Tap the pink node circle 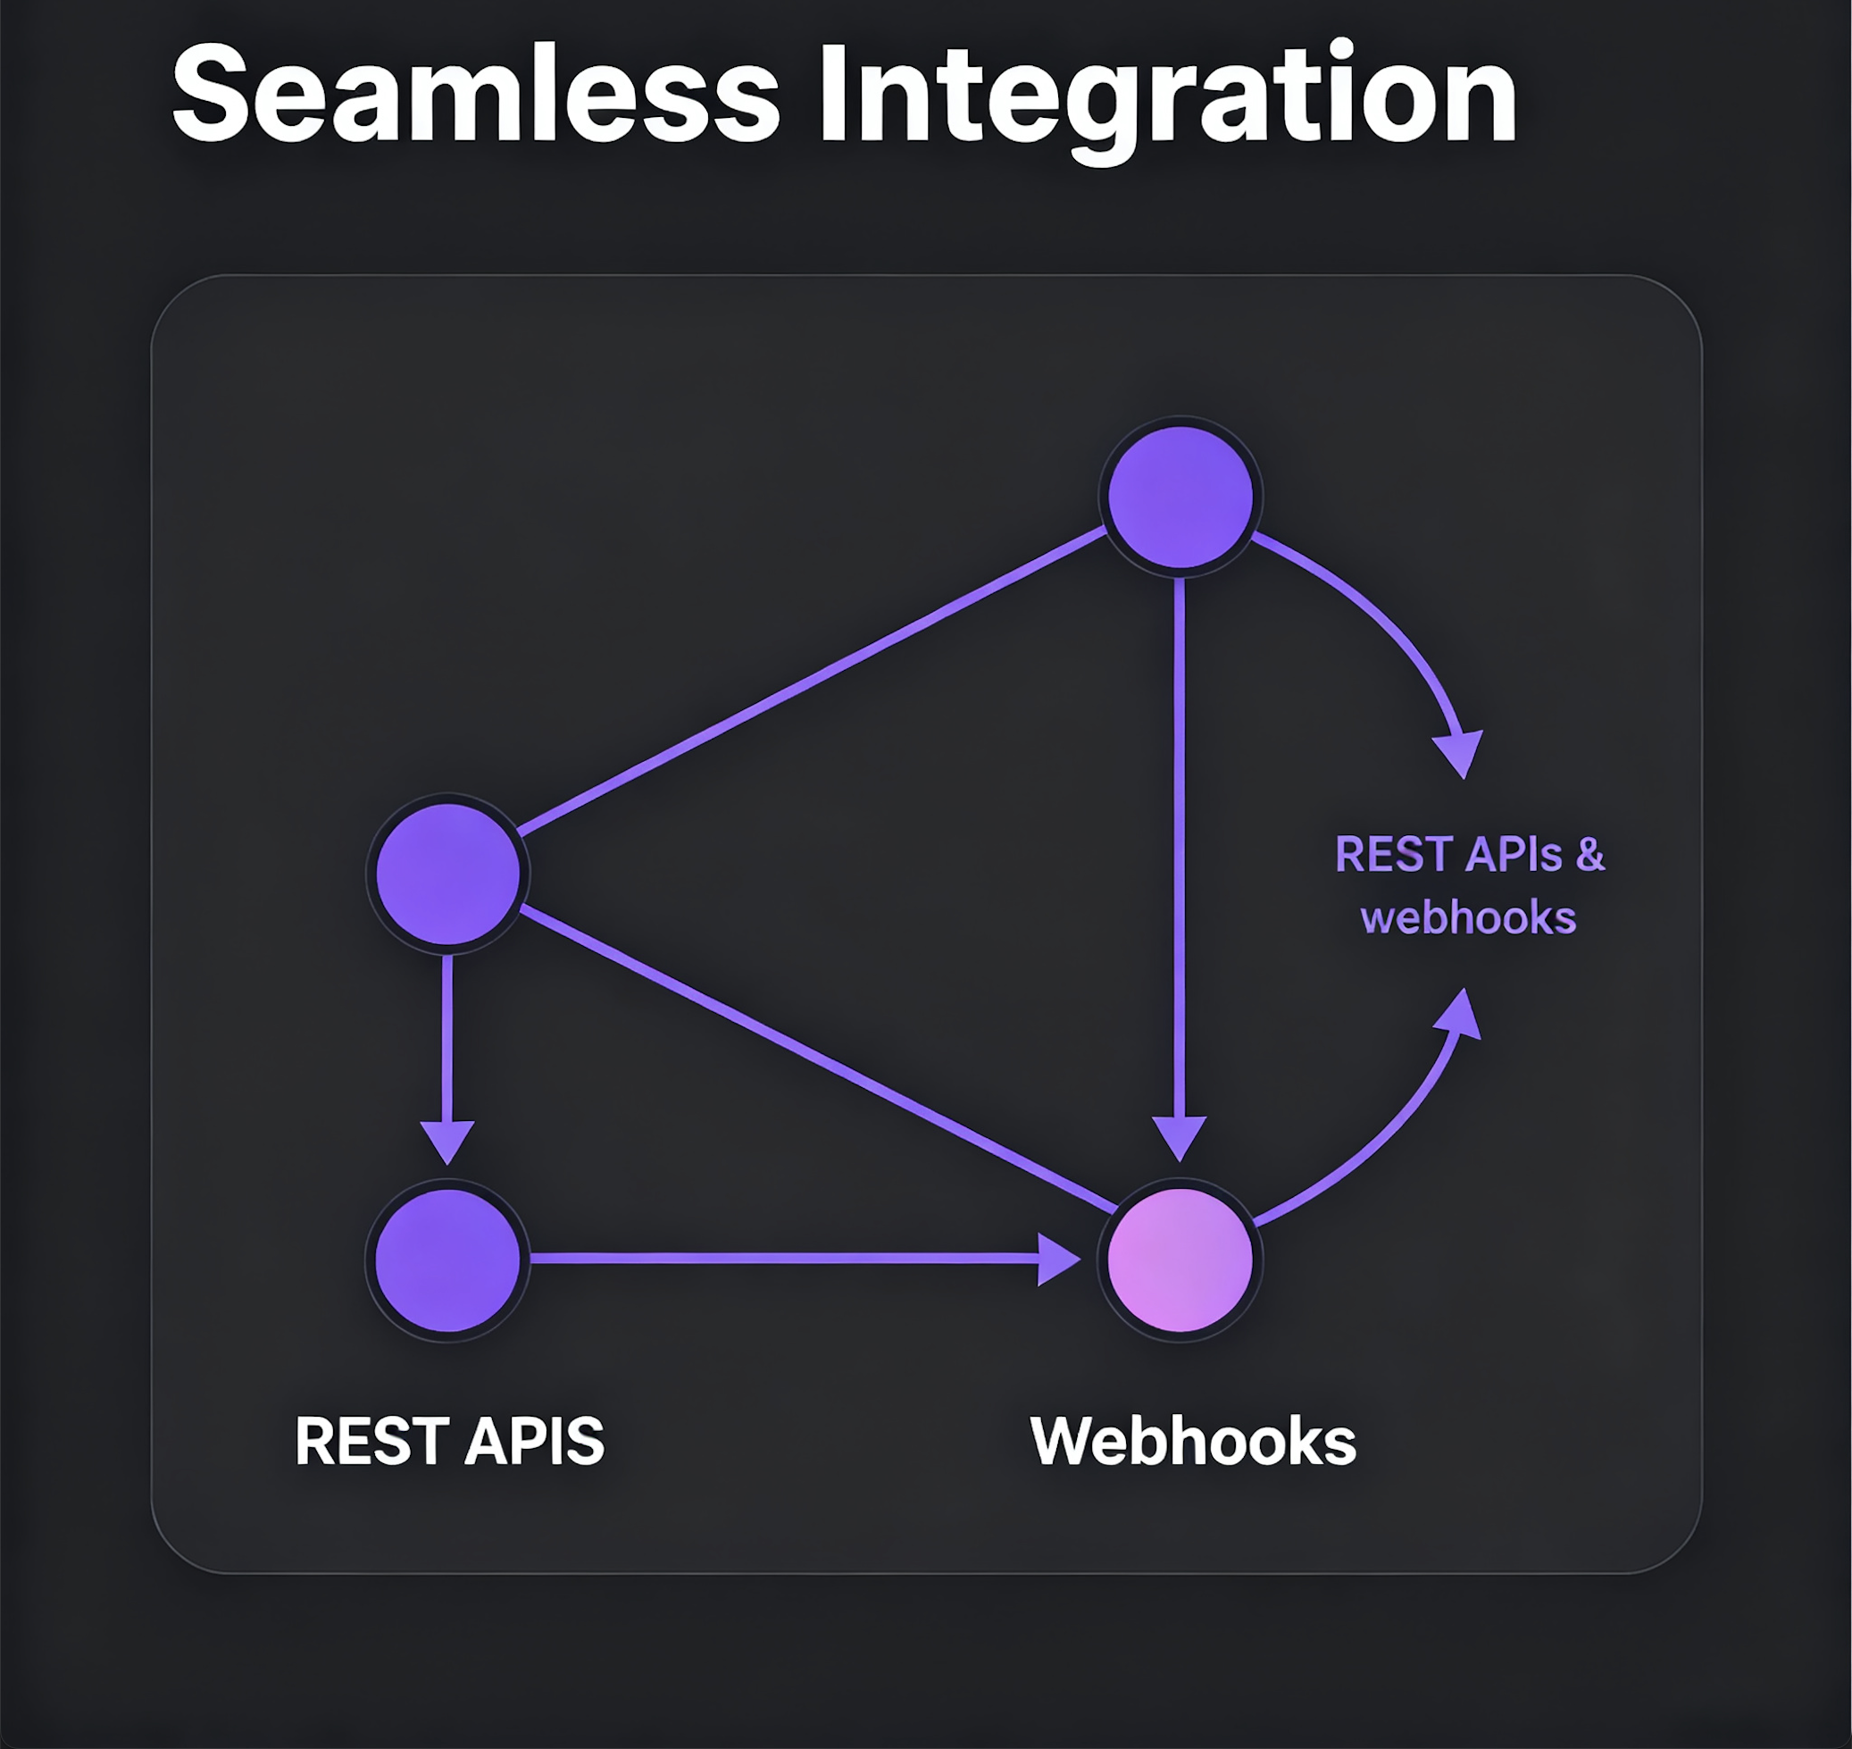tap(1179, 1259)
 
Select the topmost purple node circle tap(1180, 496)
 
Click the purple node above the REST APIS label tap(447, 1259)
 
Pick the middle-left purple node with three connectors tap(447, 874)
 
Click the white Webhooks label tap(1193, 1442)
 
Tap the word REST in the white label tap(373, 1442)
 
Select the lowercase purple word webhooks tap(1468, 918)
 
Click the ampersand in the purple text tap(1590, 855)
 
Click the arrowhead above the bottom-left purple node tap(447, 1139)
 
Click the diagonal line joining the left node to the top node tap(811, 681)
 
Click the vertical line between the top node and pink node tap(1179, 839)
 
